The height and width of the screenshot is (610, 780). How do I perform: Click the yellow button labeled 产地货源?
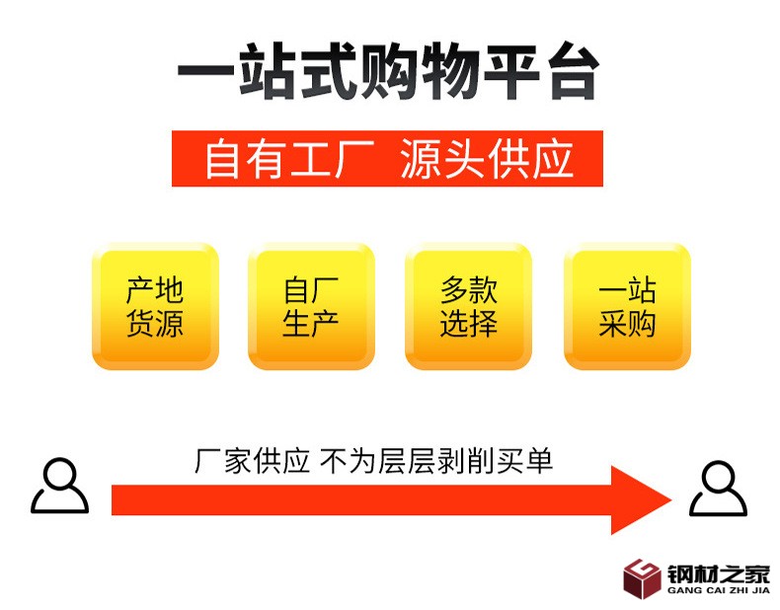click(x=155, y=307)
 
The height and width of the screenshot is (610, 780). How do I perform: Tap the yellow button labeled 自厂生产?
click(x=311, y=307)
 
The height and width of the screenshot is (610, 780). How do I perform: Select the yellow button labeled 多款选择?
click(x=468, y=307)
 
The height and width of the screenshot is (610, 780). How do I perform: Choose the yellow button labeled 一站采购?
click(x=626, y=307)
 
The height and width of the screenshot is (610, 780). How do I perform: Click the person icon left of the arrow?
click(x=59, y=486)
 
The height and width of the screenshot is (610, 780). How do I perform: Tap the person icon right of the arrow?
click(x=718, y=489)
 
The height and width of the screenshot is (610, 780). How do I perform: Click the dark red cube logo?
click(x=641, y=578)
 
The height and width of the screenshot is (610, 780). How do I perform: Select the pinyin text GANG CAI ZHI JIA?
click(x=718, y=591)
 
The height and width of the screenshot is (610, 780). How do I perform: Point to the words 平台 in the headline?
click(x=547, y=73)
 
